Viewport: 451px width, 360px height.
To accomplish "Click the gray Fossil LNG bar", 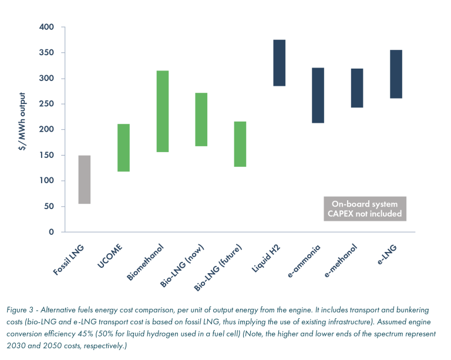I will pyautogui.click(x=85, y=180).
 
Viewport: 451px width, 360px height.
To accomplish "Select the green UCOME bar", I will pyautogui.click(x=123, y=147).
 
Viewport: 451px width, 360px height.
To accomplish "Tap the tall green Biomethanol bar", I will pyautogui.click(x=163, y=112).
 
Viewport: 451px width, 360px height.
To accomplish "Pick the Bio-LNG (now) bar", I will pyautogui.click(x=201, y=119).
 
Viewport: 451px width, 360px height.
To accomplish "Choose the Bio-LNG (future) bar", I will pyautogui.click(x=240, y=144).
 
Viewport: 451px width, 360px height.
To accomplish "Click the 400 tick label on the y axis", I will pyautogui.click(x=48, y=28).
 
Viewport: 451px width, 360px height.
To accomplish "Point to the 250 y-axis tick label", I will pyautogui.click(x=48, y=104).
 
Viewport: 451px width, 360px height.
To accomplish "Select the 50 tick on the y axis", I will pyautogui.click(x=50, y=206).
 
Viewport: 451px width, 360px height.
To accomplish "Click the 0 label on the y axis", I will pyautogui.click(x=52, y=232).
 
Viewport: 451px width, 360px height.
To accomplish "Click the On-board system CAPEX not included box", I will pyautogui.click(x=365, y=208).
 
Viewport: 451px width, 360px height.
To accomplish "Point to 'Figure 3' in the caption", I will pyautogui.click(x=21, y=309).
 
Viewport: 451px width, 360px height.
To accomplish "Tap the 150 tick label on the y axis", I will pyautogui.click(x=48, y=155).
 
